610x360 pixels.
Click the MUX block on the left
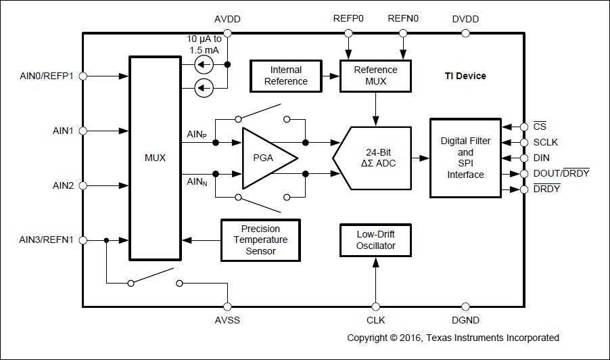pos(155,158)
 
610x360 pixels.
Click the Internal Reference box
pos(285,76)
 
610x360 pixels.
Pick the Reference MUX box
pos(376,76)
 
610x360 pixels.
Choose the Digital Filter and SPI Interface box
pos(465,158)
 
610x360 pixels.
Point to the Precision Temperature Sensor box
pos(260,240)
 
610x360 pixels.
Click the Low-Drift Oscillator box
pos(376,240)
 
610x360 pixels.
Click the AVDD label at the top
pos(228,19)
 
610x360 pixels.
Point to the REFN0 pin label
pos(403,19)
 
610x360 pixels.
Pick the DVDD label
pos(465,19)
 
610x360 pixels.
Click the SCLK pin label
pos(546,142)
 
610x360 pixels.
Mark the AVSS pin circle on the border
pos(228,307)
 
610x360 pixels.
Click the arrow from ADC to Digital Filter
pos(421,158)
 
